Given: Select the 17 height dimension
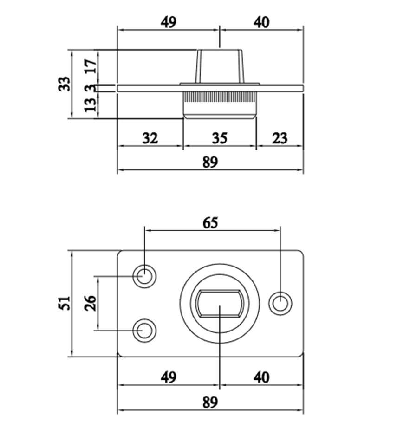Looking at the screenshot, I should point(91,62).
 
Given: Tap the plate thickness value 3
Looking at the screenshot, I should point(91,88).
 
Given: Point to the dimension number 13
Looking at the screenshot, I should point(91,105).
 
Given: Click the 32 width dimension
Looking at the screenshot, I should point(150,138).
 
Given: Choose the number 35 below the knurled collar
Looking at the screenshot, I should point(219,138).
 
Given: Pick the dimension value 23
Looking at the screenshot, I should point(279,138).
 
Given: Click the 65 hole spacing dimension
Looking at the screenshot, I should point(210,223).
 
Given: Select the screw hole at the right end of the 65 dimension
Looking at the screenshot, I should point(280,304).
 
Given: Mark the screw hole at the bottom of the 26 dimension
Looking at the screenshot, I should point(145,330).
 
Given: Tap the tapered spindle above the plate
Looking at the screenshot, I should point(220,66).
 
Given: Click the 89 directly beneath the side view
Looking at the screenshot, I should point(210,162).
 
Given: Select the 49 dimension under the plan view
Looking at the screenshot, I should point(169,377).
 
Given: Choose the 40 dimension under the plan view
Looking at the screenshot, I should point(261,377).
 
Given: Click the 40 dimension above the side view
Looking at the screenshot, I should point(261,22).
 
